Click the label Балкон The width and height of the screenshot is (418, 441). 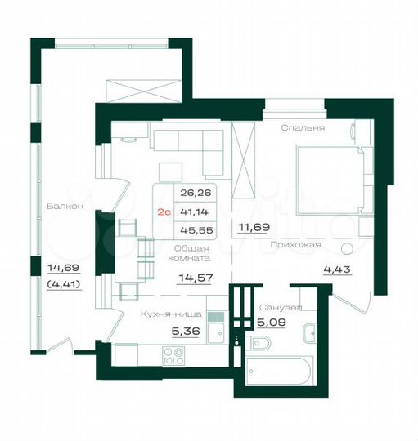click(65, 207)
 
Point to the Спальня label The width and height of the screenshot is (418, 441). click(303, 128)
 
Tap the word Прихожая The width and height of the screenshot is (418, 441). click(296, 243)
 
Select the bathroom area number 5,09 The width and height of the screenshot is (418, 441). click(272, 323)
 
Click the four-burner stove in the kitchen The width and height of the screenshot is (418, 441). click(173, 354)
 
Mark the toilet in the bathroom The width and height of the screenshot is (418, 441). click(312, 334)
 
